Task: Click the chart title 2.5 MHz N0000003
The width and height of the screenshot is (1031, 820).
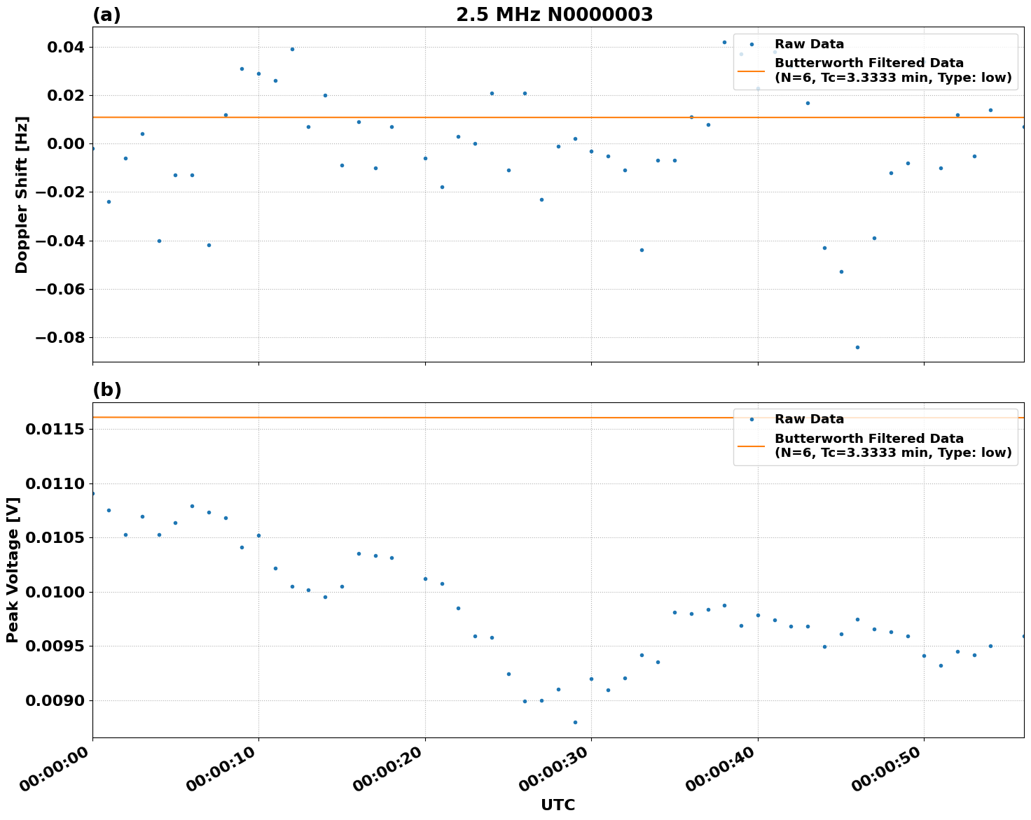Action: pyautogui.click(x=554, y=15)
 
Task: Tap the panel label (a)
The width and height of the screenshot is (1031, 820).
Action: pyautogui.click(x=106, y=15)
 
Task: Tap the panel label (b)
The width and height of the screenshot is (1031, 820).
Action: pyautogui.click(x=106, y=390)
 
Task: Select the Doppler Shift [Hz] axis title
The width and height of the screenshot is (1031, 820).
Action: pyautogui.click(x=22, y=195)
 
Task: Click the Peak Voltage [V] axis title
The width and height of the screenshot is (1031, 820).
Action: pyautogui.click(x=13, y=570)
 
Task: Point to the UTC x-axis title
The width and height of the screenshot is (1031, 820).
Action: pyautogui.click(x=558, y=805)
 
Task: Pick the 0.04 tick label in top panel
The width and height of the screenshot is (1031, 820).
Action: pyautogui.click(x=64, y=48)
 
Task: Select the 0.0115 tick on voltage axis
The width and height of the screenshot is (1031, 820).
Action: pyautogui.click(x=55, y=429)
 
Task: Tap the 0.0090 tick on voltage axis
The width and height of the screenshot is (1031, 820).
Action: pyautogui.click(x=55, y=701)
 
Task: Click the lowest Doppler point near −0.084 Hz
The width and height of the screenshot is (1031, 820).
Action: pyautogui.click(x=857, y=347)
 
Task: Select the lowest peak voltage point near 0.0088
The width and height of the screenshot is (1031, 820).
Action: pyautogui.click(x=575, y=722)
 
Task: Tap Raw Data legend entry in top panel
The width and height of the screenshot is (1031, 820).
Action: pyautogui.click(x=809, y=45)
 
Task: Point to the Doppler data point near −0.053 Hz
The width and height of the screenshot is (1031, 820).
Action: pyautogui.click(x=841, y=271)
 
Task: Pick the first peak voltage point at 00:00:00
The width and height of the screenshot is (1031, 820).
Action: pyautogui.click(x=92, y=493)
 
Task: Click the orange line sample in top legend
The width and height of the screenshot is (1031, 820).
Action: pyautogui.click(x=752, y=71)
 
